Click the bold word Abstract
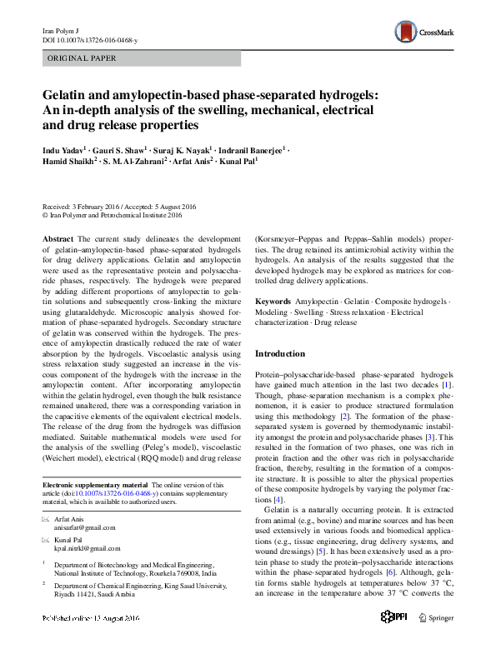tap(58, 238)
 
